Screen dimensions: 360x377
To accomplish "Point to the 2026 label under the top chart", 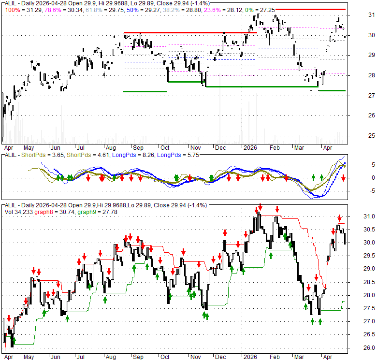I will (250, 147).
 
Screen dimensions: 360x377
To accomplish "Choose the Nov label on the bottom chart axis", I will (195, 358).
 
